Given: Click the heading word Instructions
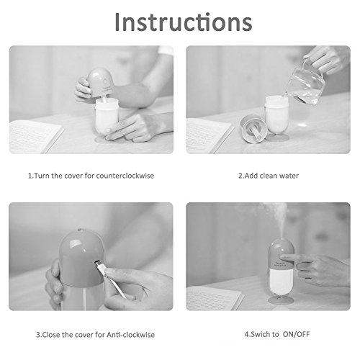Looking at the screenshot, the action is [184, 22].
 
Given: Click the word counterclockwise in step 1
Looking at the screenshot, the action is [125, 176].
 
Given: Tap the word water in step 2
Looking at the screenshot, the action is [289, 176].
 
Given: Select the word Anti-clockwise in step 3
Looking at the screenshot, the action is [131, 335].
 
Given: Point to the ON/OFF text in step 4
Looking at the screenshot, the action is [296, 334].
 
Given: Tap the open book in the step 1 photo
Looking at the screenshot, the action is [35, 137].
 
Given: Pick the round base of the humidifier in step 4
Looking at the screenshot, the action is [281, 300].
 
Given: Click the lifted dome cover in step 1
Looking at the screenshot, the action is [100, 82].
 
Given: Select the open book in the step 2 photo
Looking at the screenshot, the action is [209, 135].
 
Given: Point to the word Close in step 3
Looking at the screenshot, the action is [51, 335].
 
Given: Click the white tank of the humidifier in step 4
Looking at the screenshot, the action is [281, 280].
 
